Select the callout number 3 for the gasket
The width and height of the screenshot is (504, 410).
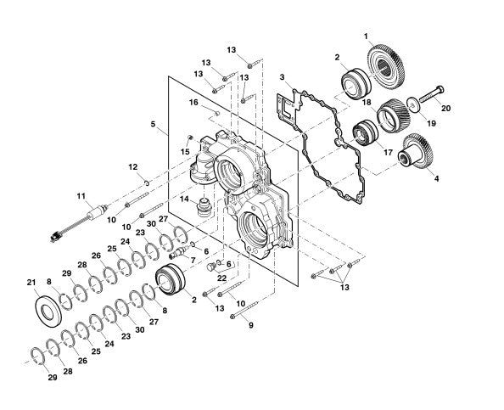point(282,77)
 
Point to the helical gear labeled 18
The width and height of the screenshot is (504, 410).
point(393,115)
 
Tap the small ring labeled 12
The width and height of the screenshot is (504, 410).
point(146,183)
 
